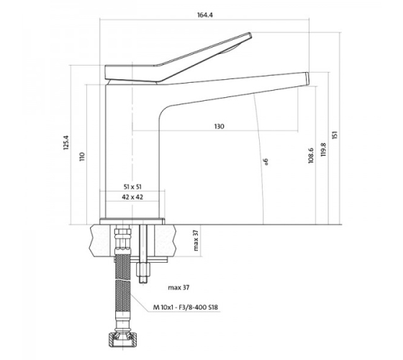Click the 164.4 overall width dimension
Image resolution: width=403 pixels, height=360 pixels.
pos(205,15)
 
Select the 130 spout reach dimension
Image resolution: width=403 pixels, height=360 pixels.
pos(219,127)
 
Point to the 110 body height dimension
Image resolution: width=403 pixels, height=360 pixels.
pos(82,157)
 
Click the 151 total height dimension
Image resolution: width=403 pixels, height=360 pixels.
pos(335,135)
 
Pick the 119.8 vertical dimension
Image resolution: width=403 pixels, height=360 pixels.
pos(323,150)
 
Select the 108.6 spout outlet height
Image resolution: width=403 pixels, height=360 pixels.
pos(311,156)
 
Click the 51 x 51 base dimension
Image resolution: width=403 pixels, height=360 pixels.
pos(132,187)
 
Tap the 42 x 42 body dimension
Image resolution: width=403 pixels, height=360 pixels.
pos(132,197)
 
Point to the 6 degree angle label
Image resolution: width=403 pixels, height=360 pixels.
pos(266,161)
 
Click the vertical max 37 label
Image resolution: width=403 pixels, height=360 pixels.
pos(196,240)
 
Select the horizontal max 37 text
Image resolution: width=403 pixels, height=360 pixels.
pos(178,287)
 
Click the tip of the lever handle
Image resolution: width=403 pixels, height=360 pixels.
pos(250,35)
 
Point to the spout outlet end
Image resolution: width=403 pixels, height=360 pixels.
pos(307,78)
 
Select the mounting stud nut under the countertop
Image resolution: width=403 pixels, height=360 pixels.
pos(143,269)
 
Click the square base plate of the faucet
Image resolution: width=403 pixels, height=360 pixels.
pos(132,221)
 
